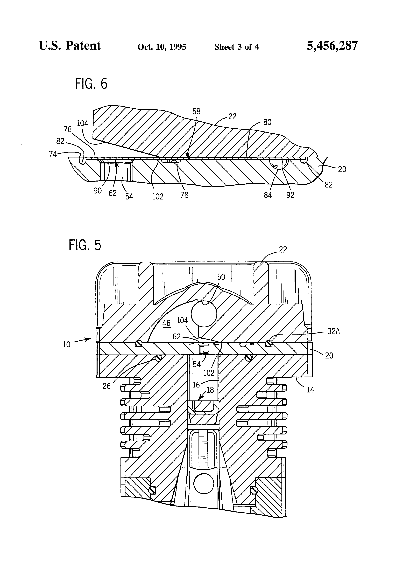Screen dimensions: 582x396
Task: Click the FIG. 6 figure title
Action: pos(91,84)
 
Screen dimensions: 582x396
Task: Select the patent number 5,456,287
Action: pos(332,46)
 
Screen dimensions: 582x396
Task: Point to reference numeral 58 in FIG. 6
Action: pos(196,112)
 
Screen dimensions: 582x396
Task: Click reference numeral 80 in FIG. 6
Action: pos(267,122)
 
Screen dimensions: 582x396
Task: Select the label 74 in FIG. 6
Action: pos(53,154)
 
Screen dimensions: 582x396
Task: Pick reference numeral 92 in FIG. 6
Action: pos(290,195)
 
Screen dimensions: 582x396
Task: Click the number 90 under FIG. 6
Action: pos(97,191)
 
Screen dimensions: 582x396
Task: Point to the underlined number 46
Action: pos(166,323)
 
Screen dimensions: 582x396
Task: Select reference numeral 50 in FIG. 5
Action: pos(221,277)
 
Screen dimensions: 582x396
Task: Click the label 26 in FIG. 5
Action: pos(106,386)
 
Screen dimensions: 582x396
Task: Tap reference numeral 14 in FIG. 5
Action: pos(310,389)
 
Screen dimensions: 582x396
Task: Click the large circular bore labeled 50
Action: pos(204,314)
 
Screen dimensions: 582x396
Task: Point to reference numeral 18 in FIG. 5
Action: pos(210,390)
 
